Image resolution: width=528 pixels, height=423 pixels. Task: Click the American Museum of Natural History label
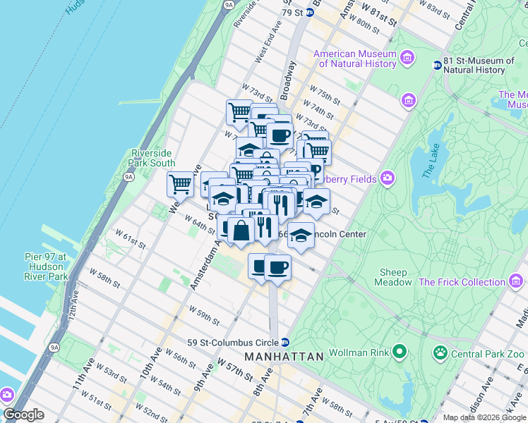[356, 59]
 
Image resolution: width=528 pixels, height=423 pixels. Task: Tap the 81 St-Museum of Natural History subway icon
[437, 66]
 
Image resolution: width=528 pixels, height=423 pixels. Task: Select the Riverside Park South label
[151, 158]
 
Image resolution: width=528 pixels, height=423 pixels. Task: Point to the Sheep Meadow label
[393, 277]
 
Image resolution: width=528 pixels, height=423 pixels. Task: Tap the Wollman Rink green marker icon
[400, 350]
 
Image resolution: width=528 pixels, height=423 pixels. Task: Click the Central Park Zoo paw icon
[440, 350]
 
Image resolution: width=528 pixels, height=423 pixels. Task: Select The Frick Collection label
[462, 282]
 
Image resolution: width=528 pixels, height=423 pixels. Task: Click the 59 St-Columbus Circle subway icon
[284, 343]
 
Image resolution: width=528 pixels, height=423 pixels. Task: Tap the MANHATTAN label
[284, 357]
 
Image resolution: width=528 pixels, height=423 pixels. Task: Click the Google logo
[23, 415]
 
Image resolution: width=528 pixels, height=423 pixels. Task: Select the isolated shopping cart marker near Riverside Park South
[181, 184]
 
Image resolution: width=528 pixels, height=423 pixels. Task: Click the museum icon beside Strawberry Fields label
[387, 178]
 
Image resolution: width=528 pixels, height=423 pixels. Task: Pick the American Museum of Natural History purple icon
[407, 57]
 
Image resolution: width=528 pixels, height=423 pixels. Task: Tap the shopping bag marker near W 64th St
[241, 230]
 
